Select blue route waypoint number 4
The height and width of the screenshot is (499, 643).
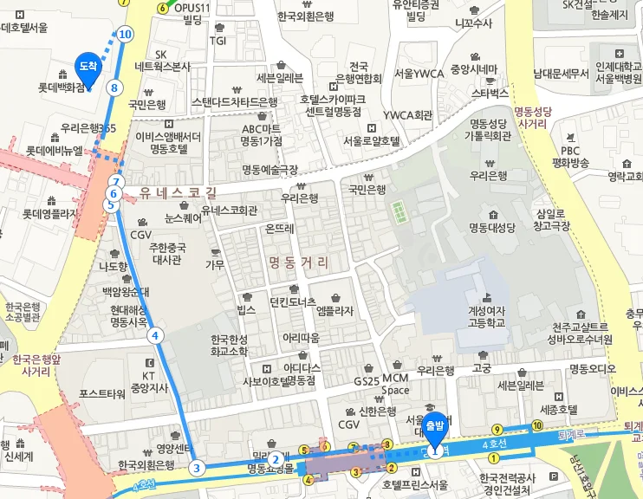click(x=155, y=335)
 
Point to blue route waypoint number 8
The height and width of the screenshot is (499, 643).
click(x=114, y=87)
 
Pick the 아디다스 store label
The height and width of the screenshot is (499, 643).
click(x=302, y=366)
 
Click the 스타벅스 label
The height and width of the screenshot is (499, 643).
click(x=490, y=92)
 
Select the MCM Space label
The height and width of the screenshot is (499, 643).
click(x=395, y=384)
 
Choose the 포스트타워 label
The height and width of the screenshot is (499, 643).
click(x=102, y=393)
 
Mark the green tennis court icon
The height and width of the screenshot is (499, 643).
click(x=398, y=210)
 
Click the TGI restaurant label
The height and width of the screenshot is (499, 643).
click(x=218, y=40)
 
